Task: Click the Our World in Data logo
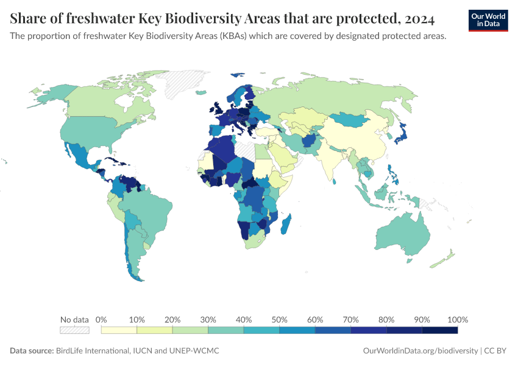(x=488, y=19)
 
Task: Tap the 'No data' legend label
(x=74, y=319)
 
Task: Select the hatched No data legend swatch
(x=74, y=330)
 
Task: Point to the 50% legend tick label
(x=279, y=319)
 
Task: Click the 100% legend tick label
(x=457, y=319)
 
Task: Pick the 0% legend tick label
(x=102, y=319)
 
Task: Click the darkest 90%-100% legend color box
(x=439, y=330)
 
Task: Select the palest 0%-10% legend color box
(x=119, y=330)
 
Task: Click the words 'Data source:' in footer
(x=32, y=351)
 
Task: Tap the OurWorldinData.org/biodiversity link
(x=420, y=351)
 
